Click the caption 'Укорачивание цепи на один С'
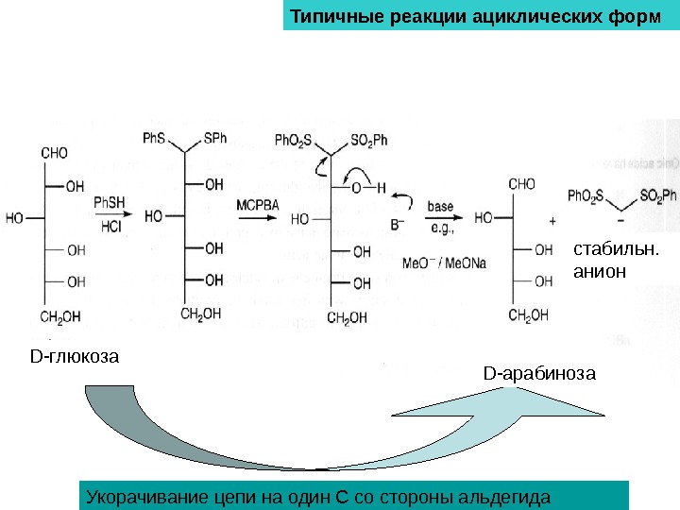click(x=317, y=496)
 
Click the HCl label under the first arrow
click(x=110, y=227)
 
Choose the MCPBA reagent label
click(x=253, y=205)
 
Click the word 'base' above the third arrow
click(x=440, y=205)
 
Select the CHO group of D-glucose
click(x=54, y=151)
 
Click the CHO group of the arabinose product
click(x=521, y=184)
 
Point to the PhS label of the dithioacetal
click(x=154, y=138)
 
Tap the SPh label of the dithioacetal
click(x=214, y=138)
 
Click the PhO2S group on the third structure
click(x=293, y=140)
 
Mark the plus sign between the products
click(x=552, y=218)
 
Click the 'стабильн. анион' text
click(x=605, y=262)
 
